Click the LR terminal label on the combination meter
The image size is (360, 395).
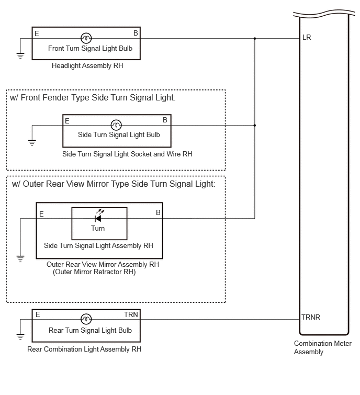click(307, 38)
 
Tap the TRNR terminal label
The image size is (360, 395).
click(311, 317)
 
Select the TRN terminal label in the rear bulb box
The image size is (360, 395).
click(131, 314)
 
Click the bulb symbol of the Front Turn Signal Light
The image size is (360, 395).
click(86, 38)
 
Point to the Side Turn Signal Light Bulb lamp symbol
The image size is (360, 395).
click(116, 125)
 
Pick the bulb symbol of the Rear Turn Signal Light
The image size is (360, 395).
click(86, 319)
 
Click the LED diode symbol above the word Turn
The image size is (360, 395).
click(98, 216)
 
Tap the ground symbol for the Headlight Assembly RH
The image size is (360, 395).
click(20, 56)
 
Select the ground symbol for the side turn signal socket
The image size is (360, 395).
click(32, 143)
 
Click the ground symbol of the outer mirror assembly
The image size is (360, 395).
click(20, 258)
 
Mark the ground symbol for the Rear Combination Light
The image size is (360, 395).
click(20, 336)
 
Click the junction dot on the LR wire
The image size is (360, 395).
click(255, 39)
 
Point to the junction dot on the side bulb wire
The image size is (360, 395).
click(255, 125)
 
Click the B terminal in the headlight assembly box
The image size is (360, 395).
click(136, 33)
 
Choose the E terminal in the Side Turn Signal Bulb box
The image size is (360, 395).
click(67, 121)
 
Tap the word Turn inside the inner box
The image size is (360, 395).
click(98, 228)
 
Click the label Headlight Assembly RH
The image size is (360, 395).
click(87, 66)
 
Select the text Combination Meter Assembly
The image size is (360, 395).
click(322, 347)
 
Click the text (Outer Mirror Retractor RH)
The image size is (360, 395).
click(94, 272)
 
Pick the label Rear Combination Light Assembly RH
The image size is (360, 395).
click(84, 349)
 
